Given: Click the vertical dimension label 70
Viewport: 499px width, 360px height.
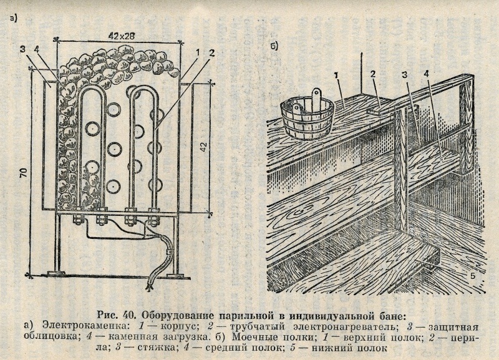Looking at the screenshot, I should (23, 173).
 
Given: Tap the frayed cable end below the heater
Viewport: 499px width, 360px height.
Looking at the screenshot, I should (149, 284).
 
